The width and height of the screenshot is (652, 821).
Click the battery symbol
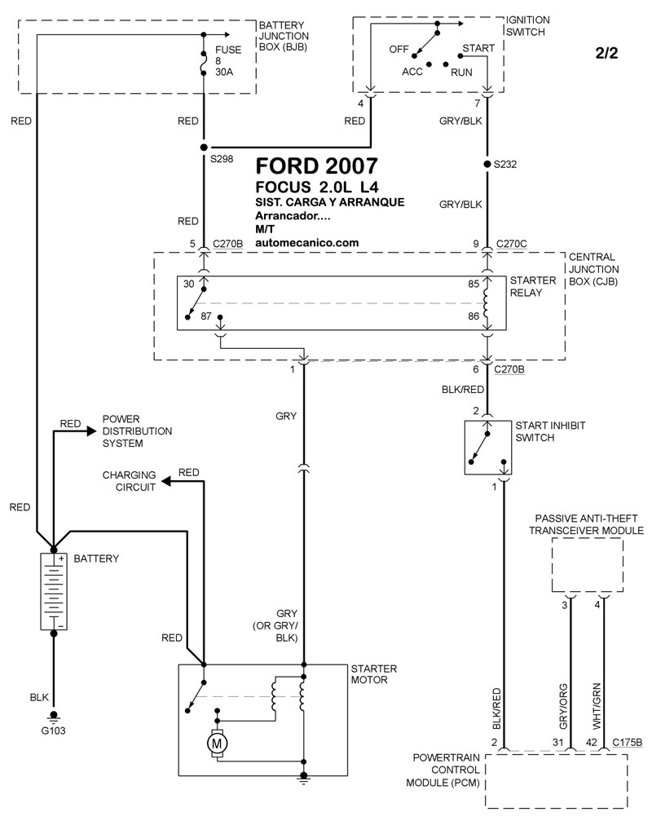(x=53, y=591)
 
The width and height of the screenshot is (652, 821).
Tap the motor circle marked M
(x=217, y=743)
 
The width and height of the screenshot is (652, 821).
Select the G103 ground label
(x=53, y=731)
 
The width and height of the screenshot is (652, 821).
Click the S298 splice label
(x=222, y=159)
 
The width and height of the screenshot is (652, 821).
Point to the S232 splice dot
(x=487, y=165)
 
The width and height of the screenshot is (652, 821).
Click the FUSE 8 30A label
(x=228, y=60)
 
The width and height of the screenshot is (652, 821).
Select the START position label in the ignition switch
(x=478, y=48)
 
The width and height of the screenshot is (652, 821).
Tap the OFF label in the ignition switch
(x=399, y=49)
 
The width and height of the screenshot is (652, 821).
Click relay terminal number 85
(x=474, y=284)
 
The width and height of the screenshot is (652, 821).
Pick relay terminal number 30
(x=188, y=284)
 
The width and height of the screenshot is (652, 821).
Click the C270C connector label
(x=511, y=244)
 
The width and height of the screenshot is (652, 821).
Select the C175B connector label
(x=627, y=742)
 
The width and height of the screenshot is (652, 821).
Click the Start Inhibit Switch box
(x=487, y=448)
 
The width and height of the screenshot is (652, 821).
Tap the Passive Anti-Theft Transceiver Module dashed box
(x=587, y=566)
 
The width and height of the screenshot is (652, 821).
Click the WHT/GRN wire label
(x=597, y=706)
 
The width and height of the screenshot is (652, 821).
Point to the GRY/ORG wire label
(x=563, y=706)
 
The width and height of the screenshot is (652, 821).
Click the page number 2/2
(x=606, y=53)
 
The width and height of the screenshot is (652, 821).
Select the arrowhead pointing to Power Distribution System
(x=91, y=431)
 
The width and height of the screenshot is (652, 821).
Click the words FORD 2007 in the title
(x=316, y=166)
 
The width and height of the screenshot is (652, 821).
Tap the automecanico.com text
(x=307, y=243)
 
